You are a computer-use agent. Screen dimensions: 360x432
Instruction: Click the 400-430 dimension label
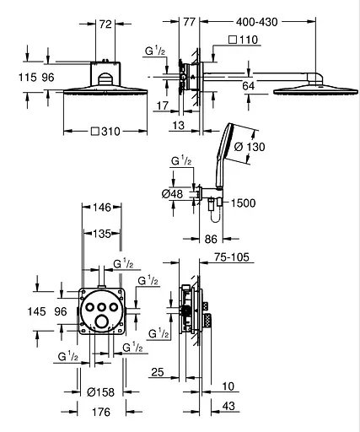pos(256,22)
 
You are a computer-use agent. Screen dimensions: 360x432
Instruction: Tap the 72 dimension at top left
pos(105,24)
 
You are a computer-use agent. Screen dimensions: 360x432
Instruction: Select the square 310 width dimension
pos(105,132)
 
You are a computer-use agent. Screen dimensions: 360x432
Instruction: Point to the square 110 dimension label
pos(244,40)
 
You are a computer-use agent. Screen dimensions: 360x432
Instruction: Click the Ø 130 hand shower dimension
pos(250,147)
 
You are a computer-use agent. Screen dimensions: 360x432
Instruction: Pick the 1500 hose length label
pos(243,203)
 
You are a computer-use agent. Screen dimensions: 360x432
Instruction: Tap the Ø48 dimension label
pos(172,194)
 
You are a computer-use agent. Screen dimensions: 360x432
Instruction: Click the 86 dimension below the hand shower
pos(211,240)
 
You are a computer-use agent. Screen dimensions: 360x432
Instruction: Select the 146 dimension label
pos(102,208)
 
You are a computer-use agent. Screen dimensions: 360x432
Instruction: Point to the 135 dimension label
pos(102,234)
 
